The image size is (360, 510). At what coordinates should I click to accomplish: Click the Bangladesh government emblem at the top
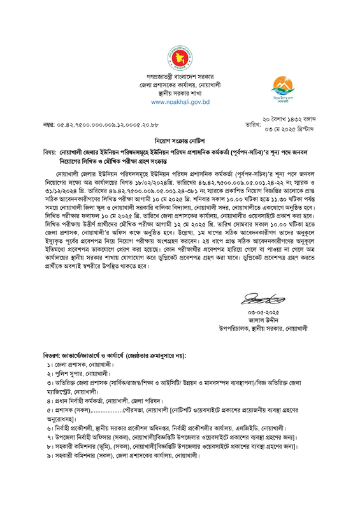[180, 59]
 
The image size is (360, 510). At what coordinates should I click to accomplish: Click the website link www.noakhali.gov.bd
[180, 102]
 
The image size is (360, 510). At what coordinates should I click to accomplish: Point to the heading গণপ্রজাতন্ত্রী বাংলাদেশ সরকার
[180, 76]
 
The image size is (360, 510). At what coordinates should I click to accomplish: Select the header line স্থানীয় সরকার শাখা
[180, 92]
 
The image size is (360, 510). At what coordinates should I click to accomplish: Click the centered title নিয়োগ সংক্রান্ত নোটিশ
[180, 139]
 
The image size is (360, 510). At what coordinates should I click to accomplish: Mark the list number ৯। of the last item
[50, 458]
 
